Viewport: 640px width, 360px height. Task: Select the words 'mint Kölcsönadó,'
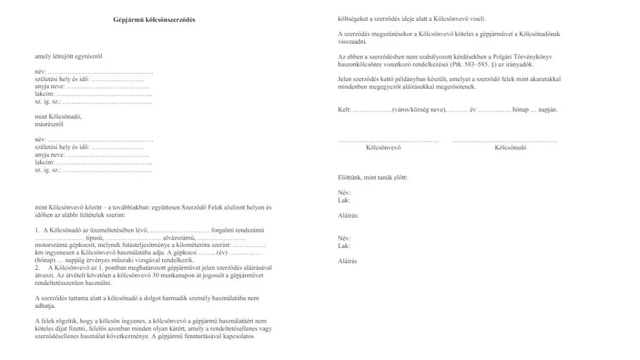(x=58, y=117)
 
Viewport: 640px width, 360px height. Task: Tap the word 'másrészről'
(x=49, y=124)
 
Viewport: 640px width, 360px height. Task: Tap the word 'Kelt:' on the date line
(x=345, y=109)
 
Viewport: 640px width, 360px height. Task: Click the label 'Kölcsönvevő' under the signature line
(x=383, y=148)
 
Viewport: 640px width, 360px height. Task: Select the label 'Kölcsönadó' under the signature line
(x=510, y=148)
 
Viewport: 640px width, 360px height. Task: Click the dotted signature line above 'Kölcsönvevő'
(x=388, y=141)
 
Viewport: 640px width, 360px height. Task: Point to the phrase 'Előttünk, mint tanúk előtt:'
(x=373, y=177)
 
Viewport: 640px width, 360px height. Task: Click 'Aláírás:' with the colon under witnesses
(x=348, y=215)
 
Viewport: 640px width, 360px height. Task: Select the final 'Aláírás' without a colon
(x=348, y=261)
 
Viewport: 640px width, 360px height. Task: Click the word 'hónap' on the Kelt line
(x=520, y=109)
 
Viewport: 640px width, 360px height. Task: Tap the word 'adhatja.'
(x=45, y=306)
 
